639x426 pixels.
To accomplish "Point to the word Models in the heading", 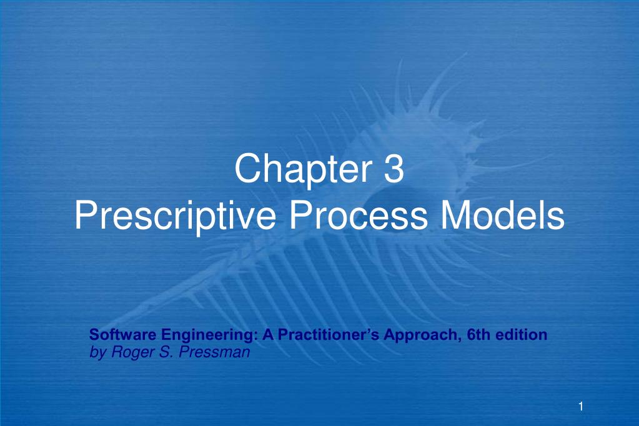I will click(503, 215).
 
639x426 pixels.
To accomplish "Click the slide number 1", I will click(580, 407).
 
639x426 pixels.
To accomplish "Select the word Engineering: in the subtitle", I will click(206, 335).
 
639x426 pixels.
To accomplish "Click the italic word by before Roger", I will click(97, 352).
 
